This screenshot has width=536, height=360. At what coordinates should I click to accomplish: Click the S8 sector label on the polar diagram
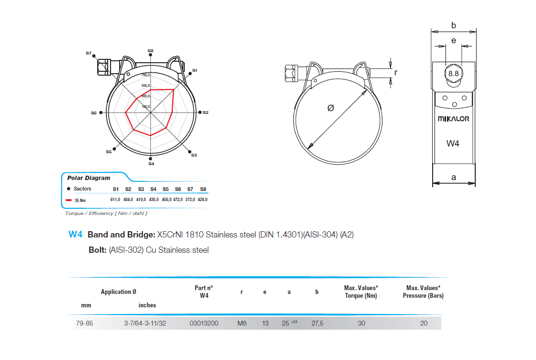tap(150, 50)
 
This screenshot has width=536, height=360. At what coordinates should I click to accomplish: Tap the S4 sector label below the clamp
tap(151, 164)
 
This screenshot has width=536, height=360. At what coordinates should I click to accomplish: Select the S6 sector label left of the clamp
tap(94, 113)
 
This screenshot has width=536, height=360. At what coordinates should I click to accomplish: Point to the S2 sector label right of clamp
tap(205, 112)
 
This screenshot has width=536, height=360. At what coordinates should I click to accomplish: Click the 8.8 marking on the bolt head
tap(453, 73)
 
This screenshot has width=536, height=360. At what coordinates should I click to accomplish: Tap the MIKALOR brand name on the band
tap(453, 119)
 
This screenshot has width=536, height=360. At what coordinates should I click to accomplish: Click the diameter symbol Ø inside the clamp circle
tap(330, 108)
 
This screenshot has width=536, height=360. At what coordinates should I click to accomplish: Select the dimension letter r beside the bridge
tap(395, 72)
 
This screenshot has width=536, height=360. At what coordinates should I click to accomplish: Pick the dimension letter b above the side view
tap(454, 25)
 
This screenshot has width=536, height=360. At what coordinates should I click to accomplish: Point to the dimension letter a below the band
tap(454, 178)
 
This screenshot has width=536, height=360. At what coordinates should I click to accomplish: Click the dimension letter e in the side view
tap(453, 41)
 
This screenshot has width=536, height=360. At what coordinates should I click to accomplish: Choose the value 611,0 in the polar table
tap(115, 199)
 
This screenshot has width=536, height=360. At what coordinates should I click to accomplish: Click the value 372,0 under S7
tap(190, 199)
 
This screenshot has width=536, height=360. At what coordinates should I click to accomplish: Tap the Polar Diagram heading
tap(89, 178)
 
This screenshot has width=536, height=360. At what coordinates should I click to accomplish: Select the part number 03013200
tap(204, 323)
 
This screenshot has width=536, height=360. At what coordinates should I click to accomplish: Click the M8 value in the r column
tap(242, 323)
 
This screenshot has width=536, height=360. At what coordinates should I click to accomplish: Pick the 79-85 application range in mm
tap(84, 323)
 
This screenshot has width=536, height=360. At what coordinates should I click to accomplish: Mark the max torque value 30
tap(361, 323)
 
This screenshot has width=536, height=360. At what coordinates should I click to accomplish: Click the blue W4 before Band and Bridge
tap(76, 235)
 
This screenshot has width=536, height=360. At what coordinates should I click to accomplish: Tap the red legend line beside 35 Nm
tap(69, 200)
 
